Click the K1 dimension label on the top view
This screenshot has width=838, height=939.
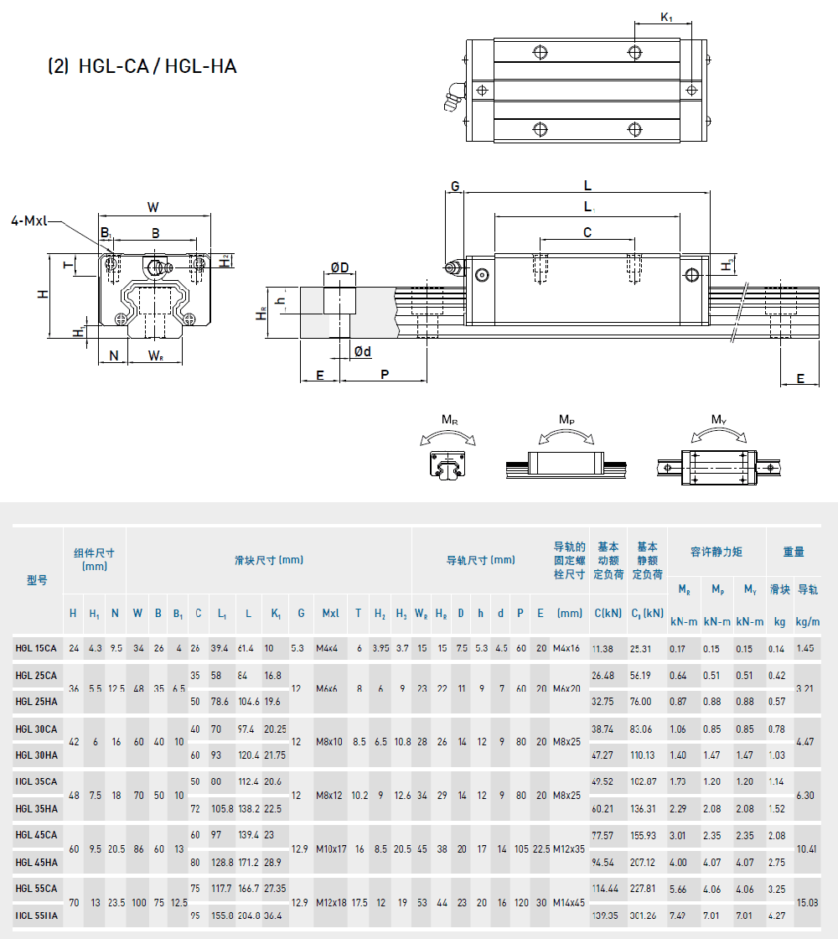tap(667, 16)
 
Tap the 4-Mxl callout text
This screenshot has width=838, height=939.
tap(30, 221)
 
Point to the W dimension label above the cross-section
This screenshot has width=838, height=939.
tap(153, 207)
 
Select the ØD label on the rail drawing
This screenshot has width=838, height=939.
tap(339, 267)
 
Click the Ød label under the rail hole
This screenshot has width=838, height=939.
tap(362, 351)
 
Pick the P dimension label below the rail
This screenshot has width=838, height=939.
tap(385, 374)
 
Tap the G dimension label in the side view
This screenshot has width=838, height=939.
tap(455, 185)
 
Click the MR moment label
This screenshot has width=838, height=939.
tap(450, 419)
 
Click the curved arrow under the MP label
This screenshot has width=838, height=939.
tap(567, 434)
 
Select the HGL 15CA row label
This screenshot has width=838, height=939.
tap(36, 648)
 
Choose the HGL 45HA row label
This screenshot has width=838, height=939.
tap(36, 862)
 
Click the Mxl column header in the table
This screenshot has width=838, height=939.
tap(331, 613)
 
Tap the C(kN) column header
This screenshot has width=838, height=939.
tap(608, 613)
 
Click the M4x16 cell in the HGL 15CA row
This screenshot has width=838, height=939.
tap(566, 648)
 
